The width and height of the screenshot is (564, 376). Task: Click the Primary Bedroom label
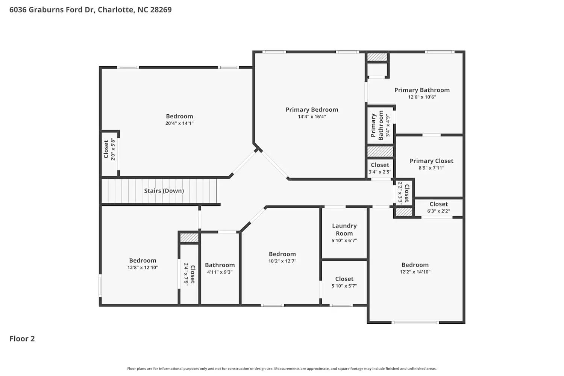click(312, 109)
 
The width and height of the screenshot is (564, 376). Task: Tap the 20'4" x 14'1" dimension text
click(179, 123)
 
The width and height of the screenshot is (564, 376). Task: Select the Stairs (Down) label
click(164, 191)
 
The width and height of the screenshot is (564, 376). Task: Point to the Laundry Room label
click(344, 229)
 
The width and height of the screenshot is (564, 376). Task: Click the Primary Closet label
click(431, 161)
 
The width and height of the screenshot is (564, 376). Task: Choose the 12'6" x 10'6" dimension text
click(422, 97)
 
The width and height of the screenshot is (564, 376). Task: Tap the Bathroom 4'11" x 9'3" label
click(220, 265)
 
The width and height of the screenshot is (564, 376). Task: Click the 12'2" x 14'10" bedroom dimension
click(415, 272)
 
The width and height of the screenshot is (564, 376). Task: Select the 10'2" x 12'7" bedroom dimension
click(282, 261)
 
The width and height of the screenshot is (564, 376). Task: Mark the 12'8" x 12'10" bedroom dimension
click(143, 268)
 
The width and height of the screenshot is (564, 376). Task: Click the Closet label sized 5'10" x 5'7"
click(344, 279)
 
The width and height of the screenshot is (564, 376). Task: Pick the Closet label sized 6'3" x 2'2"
click(438, 204)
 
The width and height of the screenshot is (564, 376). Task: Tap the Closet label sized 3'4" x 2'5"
click(380, 165)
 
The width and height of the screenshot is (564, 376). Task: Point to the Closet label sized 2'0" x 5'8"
click(106, 149)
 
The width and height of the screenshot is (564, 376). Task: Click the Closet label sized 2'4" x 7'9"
click(193, 274)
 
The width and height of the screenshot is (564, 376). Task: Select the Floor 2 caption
click(22, 339)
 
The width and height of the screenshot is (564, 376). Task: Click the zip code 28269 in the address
click(161, 10)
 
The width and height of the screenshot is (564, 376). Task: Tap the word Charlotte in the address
click(115, 10)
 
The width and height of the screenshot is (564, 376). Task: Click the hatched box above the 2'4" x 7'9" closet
click(189, 238)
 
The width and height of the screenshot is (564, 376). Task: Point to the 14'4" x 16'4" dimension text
click(312, 117)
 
